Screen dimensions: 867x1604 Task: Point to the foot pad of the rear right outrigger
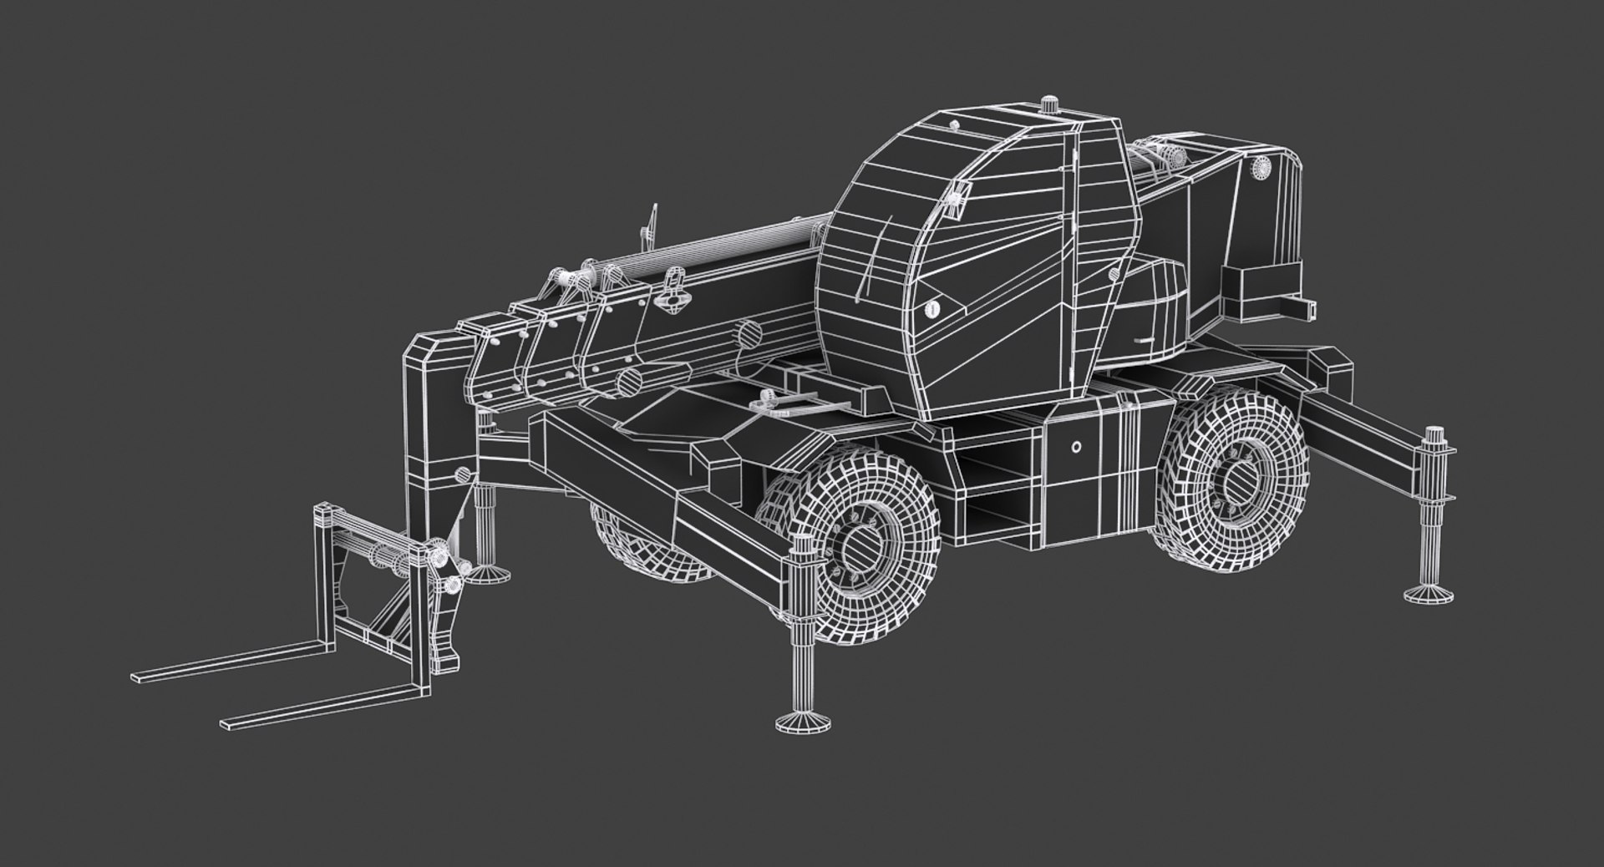tap(1429, 594)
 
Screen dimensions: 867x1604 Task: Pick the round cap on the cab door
tap(932, 308)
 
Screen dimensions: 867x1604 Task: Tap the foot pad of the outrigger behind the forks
tap(485, 572)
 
